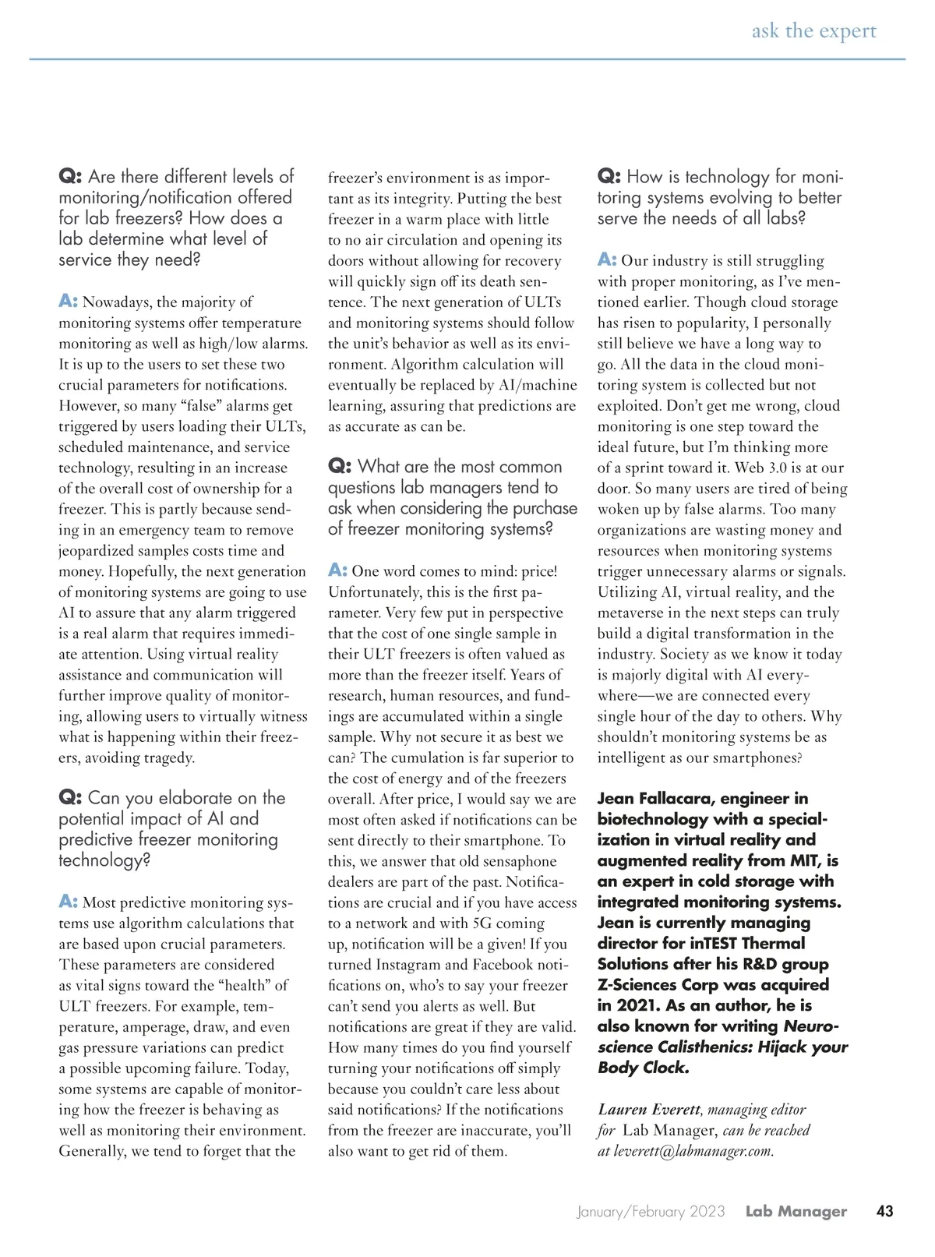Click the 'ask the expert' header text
pos(813,30)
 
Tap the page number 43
pos(884,1211)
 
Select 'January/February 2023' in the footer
pos(651,1211)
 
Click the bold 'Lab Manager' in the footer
pos(796,1211)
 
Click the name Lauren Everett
pos(649,1110)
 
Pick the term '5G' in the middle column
pos(482,923)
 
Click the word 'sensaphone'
pos(516,861)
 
